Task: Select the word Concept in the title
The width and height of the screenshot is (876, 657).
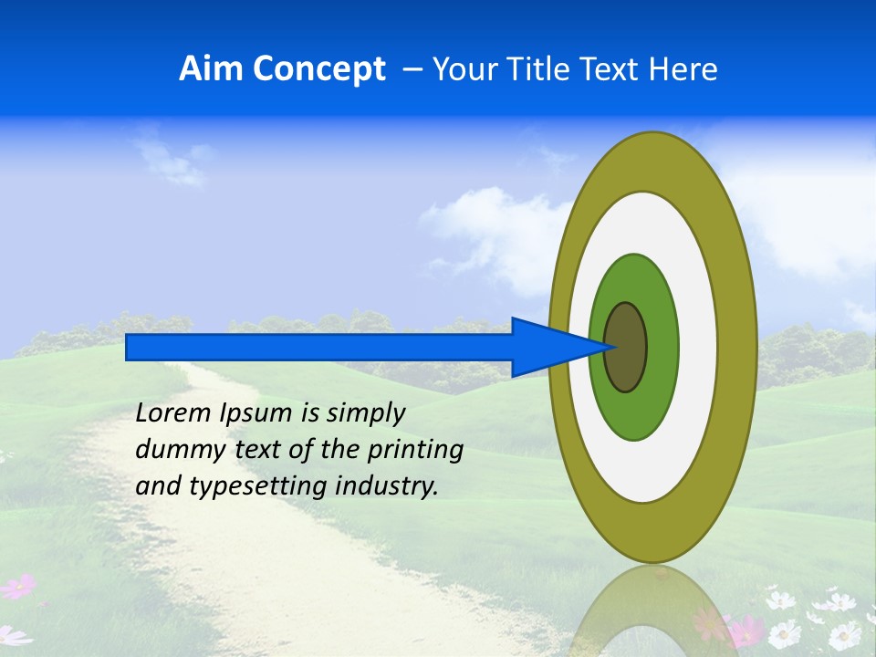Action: pos(318,69)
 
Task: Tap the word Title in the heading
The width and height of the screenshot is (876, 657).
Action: pos(543,69)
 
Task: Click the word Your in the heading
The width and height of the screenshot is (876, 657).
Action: pos(464,69)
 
